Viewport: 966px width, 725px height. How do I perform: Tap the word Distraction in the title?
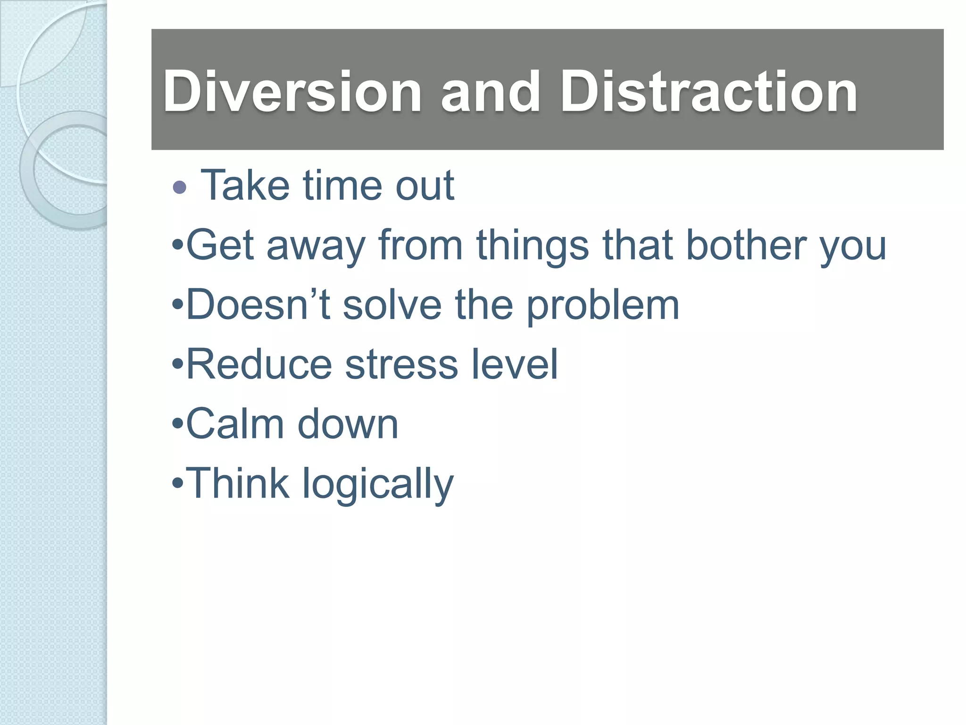(708, 92)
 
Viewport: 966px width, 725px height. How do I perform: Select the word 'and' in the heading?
(490, 92)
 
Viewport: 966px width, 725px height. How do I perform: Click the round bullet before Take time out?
(180, 187)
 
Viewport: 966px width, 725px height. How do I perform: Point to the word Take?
(245, 185)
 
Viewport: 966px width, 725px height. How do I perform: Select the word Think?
(237, 483)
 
